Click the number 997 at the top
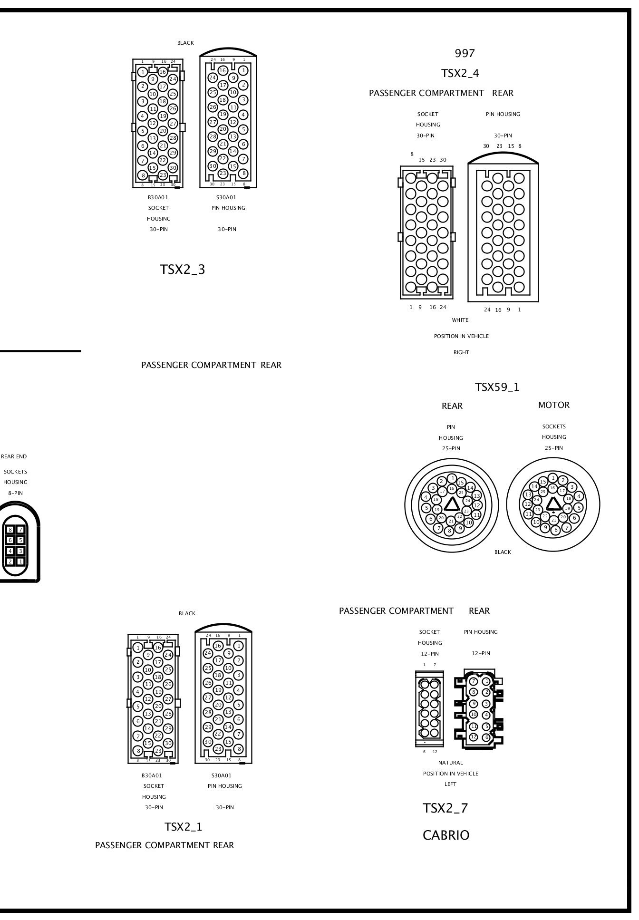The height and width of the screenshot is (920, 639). pos(465,53)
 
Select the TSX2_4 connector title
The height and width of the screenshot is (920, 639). pos(460,73)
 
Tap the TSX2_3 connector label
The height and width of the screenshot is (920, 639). pos(183,269)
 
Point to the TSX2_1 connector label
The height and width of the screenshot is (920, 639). pos(184,827)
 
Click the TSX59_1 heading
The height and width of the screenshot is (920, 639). pos(497,387)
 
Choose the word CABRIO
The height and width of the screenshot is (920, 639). pos(446,835)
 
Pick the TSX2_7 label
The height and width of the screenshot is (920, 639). pos(445,808)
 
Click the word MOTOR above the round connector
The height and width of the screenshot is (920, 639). pos(553,405)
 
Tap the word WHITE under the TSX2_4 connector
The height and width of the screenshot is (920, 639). pos(460,320)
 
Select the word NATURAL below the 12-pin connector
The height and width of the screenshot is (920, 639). pos(450,763)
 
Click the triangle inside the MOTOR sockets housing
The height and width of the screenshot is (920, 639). pos(553,505)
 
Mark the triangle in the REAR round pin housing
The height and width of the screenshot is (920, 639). pos(452,505)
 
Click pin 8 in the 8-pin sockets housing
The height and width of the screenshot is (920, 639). pos(10,529)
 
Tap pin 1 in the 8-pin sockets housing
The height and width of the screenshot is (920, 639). pos(20,562)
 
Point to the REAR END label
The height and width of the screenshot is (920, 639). pos(14,456)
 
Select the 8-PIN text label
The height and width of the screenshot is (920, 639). pos(15,493)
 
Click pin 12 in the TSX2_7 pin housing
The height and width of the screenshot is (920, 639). pos(474,737)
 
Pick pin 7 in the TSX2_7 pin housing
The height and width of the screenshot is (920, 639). pos(474,681)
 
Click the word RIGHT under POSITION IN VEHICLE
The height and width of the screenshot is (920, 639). pos(461,352)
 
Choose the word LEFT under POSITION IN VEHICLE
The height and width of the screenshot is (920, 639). pos(450,784)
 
